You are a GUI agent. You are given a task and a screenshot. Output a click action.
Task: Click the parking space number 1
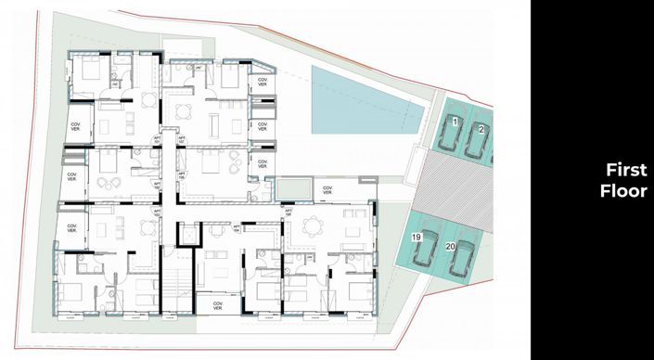(455, 122)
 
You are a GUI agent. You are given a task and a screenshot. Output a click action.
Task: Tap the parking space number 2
(481, 129)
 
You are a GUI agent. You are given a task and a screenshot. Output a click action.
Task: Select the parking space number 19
(417, 238)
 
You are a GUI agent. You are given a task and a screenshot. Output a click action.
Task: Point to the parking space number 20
(450, 247)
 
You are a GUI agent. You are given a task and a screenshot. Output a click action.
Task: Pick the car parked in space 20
(461, 259)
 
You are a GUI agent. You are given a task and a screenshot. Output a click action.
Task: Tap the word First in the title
(625, 171)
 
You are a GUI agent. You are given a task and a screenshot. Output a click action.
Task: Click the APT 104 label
(237, 227)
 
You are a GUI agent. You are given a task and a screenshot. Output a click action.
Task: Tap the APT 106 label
(289, 212)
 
